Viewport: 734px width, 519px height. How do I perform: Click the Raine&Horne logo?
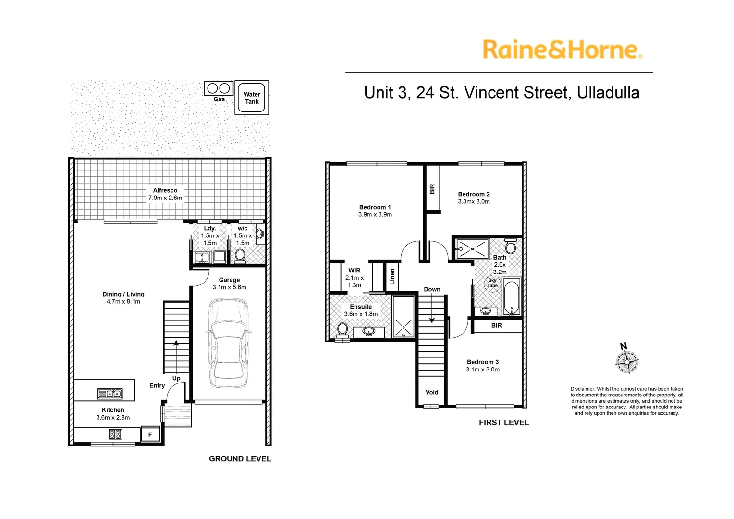(563, 49)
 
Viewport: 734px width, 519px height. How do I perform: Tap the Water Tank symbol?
(252, 98)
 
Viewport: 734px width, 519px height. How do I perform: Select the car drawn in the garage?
(229, 343)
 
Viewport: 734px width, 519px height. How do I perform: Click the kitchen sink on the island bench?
(110, 394)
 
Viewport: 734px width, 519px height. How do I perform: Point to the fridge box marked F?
(150, 434)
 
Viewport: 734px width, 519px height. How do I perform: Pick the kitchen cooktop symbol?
(115, 434)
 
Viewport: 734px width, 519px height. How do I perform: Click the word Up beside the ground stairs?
(176, 378)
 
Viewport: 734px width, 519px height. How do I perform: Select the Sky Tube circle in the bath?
(492, 283)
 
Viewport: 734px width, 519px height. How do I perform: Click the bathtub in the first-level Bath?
(512, 297)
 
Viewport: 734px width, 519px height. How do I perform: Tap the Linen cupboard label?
(392, 276)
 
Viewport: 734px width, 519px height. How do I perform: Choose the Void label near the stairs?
(432, 392)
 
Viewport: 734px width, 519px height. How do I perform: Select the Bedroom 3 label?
(483, 362)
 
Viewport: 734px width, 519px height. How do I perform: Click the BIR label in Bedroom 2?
(432, 189)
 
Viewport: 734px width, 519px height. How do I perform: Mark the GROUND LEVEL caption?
(240, 458)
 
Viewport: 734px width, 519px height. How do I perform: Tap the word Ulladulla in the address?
(608, 92)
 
